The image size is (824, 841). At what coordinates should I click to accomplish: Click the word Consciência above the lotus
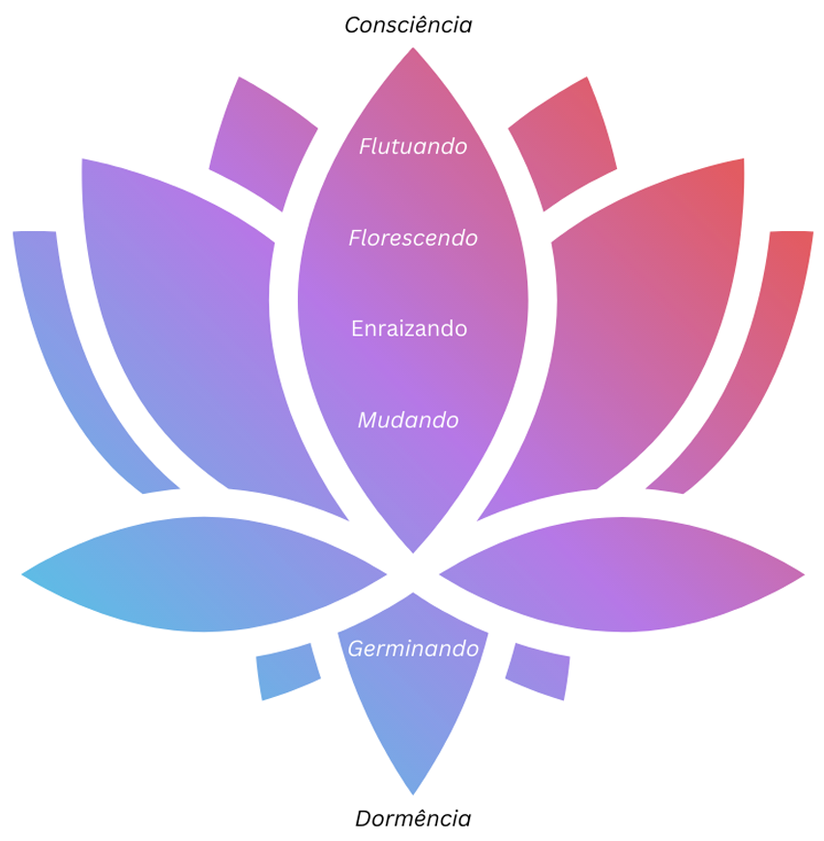click(x=408, y=25)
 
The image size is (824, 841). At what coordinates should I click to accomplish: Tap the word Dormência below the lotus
click(x=413, y=819)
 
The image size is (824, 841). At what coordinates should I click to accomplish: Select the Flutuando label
click(x=413, y=147)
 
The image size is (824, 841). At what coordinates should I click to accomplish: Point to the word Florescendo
click(x=413, y=238)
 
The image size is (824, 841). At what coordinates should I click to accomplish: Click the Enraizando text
click(x=409, y=329)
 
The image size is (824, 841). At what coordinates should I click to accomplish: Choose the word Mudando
click(x=408, y=420)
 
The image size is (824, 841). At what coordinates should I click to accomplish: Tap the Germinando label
click(x=413, y=649)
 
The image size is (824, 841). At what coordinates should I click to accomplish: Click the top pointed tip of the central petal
click(x=413, y=50)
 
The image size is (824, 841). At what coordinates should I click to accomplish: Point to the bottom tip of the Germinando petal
click(x=413, y=792)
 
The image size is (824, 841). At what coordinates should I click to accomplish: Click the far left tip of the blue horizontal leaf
click(x=24, y=575)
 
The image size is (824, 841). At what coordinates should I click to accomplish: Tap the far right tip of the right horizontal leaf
click(x=802, y=575)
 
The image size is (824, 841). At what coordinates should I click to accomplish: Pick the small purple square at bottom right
click(x=539, y=670)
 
